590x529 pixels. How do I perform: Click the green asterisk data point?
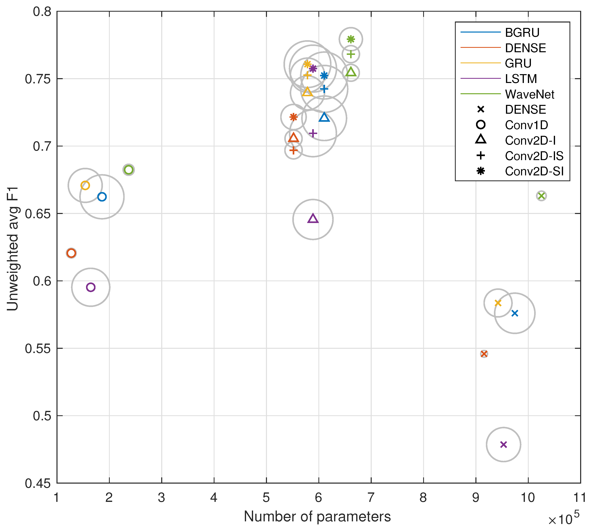[351, 39]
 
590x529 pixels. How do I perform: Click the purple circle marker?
[91, 287]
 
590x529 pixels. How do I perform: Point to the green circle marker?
[128, 170]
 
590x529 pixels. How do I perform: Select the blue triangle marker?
[324, 117]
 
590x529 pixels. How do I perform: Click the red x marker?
[484, 354]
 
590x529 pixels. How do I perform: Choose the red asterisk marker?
[293, 117]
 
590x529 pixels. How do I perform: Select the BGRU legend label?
[522, 33]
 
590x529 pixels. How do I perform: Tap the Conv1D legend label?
[526, 125]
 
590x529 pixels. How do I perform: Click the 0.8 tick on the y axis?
[42, 12]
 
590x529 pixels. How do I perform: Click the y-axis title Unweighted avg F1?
[13, 249]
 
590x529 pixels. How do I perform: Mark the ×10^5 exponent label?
[563, 518]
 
